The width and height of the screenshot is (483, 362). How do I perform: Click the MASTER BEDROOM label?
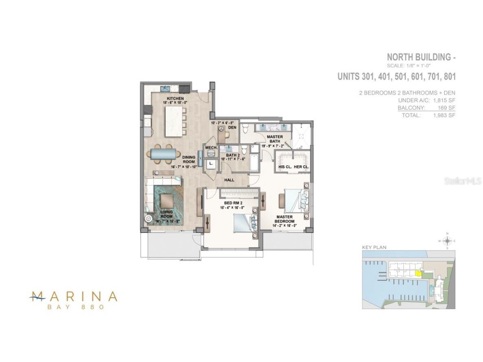(x=285, y=219)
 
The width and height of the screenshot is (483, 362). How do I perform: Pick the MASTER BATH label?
(x=274, y=139)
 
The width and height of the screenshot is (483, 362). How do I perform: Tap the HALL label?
(x=229, y=179)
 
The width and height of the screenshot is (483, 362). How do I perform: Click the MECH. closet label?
(x=211, y=147)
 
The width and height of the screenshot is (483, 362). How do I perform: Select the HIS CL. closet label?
(x=285, y=167)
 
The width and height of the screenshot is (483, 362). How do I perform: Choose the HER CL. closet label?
(x=302, y=167)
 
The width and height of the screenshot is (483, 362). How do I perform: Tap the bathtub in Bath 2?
(x=254, y=162)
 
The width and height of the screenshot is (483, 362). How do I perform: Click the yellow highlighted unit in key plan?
(x=417, y=274)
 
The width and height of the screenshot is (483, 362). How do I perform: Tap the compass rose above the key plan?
(x=447, y=241)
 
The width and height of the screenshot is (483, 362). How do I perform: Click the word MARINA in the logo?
(x=74, y=296)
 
